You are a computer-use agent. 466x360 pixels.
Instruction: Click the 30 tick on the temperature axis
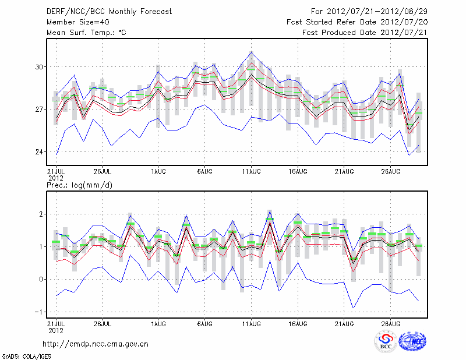coord(39,67)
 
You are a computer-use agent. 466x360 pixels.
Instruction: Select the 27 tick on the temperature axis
coord(39,110)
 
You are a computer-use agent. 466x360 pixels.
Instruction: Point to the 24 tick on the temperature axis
coord(39,152)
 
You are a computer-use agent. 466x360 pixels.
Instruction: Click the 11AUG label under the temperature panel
coord(251,172)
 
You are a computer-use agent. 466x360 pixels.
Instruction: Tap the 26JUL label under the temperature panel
coord(103,172)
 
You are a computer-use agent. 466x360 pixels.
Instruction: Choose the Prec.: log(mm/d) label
coord(79,185)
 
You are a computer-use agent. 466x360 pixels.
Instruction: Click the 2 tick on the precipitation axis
coord(41,214)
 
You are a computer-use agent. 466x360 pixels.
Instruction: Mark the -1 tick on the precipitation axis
coord(39,312)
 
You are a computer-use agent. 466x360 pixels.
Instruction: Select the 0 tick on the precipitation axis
coord(41,280)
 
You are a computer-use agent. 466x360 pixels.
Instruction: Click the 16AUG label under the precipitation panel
coord(298,323)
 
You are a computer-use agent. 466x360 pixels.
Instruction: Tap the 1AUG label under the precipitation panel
coord(157,323)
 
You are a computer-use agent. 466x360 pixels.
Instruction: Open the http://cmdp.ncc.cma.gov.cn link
coord(96,344)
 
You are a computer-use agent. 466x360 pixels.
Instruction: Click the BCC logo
coord(386,343)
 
